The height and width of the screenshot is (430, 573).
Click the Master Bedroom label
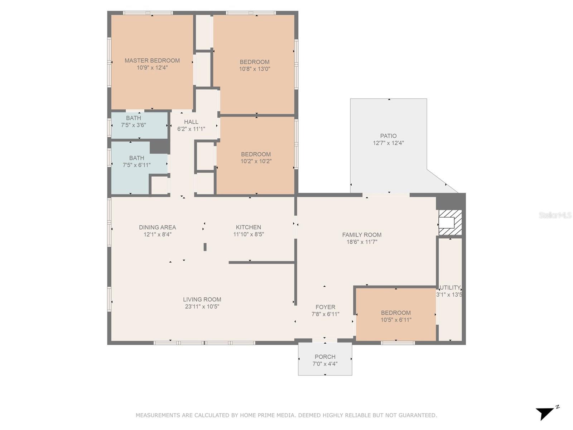pos(152,60)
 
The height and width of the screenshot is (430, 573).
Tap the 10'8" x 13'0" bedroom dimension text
pos(255,69)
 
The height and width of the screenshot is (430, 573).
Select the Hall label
pos(191,122)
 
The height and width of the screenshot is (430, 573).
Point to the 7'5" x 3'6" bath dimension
pos(133,125)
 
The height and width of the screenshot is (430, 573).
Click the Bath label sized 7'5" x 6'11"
pos(136,158)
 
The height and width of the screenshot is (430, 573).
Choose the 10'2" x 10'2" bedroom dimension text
pos(256,161)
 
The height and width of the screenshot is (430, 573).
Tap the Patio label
pos(388,136)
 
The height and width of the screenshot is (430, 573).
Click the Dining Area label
pos(158,228)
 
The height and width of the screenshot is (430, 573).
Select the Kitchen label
pos(249,227)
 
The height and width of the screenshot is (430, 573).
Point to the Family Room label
pos(362,235)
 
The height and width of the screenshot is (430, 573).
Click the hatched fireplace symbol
pos(450,223)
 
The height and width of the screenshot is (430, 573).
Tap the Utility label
pos(450,287)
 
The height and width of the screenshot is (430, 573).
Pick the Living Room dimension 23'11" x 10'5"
pos(202,306)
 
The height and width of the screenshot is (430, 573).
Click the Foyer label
pos(325,307)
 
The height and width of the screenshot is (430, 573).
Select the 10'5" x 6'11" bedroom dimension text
pos(396,320)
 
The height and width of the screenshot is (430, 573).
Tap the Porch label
pos(325,357)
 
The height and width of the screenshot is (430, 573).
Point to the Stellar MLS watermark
pos(555,215)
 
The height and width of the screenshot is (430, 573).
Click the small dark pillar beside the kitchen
pos(205,247)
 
